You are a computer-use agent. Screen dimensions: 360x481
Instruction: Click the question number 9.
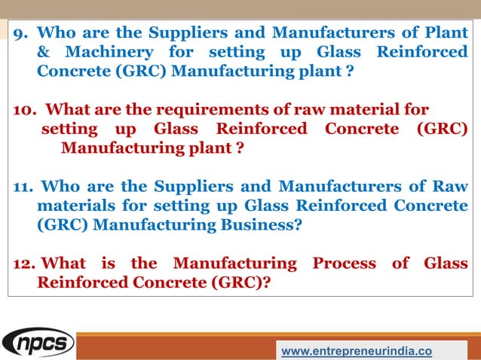click(21, 34)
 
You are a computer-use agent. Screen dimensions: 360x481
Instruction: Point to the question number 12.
click(25, 264)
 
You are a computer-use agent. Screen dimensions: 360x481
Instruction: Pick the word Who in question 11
click(59, 187)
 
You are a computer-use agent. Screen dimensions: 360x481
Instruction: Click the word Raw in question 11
click(451, 187)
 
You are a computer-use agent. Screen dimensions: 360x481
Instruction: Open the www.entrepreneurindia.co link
click(357, 350)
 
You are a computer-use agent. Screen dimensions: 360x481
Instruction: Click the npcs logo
click(38, 343)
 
